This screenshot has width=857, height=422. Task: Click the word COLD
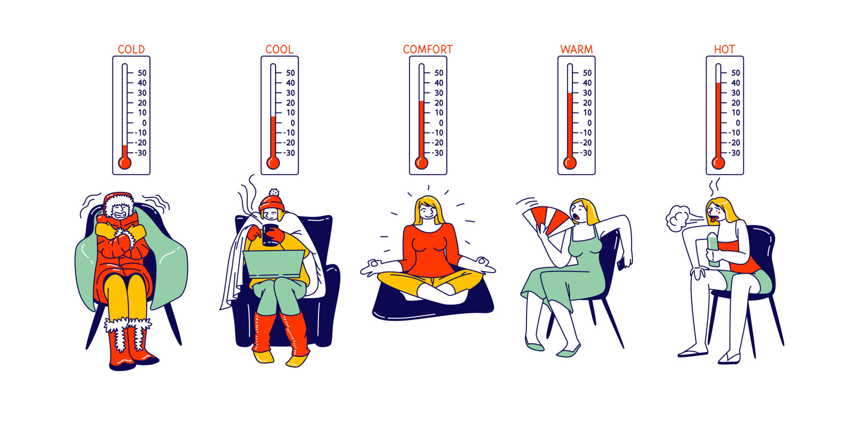point(131,49)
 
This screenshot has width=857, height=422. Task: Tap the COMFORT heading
point(428,49)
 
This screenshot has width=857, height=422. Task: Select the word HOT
point(724,49)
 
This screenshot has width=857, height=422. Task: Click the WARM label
point(576,49)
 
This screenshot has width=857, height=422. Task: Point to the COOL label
point(279,49)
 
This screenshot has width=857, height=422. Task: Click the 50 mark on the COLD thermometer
point(142,73)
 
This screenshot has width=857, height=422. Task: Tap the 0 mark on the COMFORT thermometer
point(441,123)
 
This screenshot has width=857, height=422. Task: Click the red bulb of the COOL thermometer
point(273,163)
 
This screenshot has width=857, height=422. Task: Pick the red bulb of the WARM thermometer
point(570,163)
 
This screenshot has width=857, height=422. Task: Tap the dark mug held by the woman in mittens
point(270,235)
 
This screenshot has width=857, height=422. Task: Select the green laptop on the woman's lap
point(273,264)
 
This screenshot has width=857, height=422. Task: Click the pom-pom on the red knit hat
point(274,192)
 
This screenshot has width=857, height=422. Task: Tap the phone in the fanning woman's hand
point(621,264)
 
